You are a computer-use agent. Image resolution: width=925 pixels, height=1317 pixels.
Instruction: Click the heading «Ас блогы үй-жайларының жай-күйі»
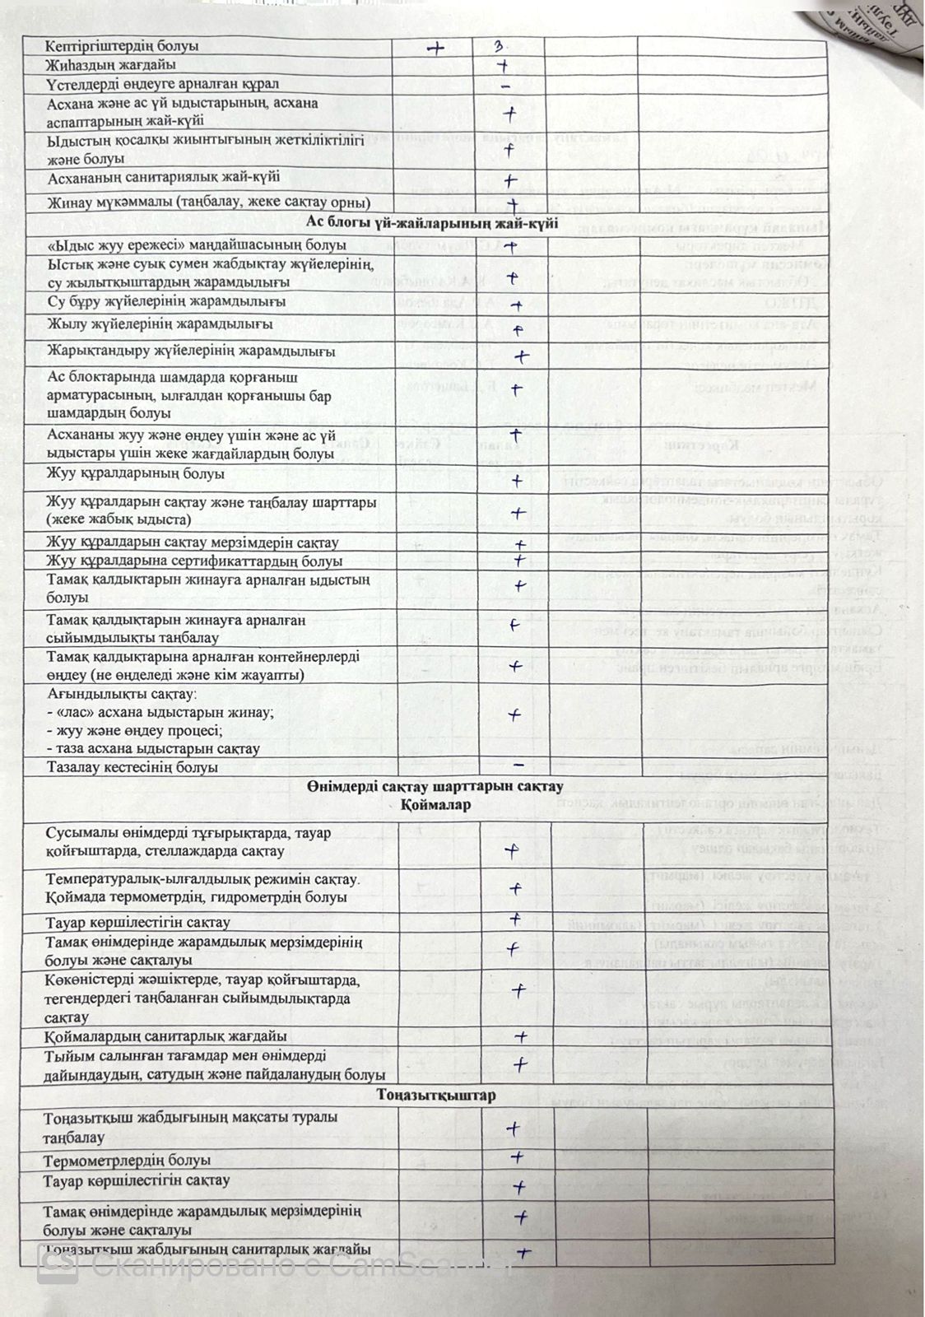[432, 222]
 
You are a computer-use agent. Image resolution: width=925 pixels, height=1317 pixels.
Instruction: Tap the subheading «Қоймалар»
[436, 804]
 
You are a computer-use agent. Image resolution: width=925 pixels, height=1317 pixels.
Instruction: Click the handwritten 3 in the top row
[500, 47]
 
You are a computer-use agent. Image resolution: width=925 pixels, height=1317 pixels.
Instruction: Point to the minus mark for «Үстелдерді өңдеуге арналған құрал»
[505, 86]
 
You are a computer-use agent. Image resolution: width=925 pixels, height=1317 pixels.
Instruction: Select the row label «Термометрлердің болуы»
[127, 1160]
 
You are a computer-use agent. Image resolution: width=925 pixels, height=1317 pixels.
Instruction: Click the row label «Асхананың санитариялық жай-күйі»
[163, 177]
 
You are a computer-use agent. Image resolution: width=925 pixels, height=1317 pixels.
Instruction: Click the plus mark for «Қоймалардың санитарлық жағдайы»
[520, 1035]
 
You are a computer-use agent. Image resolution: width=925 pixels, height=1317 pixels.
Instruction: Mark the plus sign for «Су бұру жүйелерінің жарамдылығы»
[516, 305]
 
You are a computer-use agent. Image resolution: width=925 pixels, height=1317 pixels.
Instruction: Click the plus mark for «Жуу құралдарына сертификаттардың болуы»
[519, 561]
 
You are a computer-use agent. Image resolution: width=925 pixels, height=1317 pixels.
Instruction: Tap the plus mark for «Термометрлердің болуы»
[517, 1157]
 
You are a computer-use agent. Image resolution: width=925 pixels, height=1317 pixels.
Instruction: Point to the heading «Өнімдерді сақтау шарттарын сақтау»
[435, 786]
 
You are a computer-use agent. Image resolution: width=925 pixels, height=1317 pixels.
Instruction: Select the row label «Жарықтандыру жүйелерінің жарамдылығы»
[191, 351]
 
